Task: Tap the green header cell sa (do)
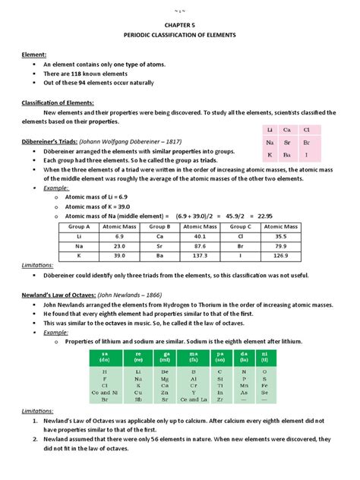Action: (x=104, y=355)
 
